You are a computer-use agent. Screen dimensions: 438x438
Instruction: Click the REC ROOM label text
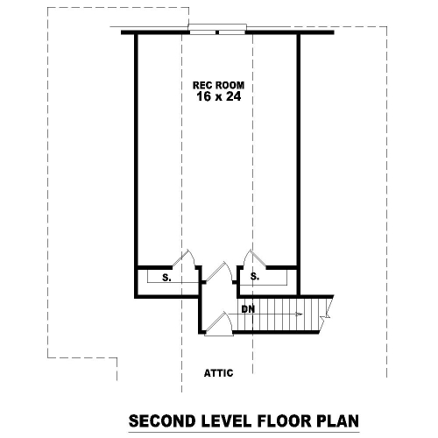tap(218, 86)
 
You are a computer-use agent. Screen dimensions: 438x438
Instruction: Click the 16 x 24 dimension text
tap(218, 98)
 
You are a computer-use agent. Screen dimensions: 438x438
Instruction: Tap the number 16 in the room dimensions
tap(203, 98)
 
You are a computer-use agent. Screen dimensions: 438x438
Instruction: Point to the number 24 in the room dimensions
tap(233, 98)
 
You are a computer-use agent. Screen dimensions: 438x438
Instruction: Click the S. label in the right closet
tap(254, 277)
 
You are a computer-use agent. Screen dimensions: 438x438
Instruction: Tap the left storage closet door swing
tap(187, 259)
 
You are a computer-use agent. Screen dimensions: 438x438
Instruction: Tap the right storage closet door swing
tap(251, 258)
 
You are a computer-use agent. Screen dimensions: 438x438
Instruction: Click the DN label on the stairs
tap(248, 309)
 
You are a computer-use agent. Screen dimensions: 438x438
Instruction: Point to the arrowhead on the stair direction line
tap(299, 314)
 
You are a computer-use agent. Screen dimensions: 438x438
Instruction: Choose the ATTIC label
tap(218, 372)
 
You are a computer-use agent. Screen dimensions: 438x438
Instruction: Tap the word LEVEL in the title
tap(223, 420)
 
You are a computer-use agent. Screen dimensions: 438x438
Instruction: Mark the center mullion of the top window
tap(217, 32)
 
